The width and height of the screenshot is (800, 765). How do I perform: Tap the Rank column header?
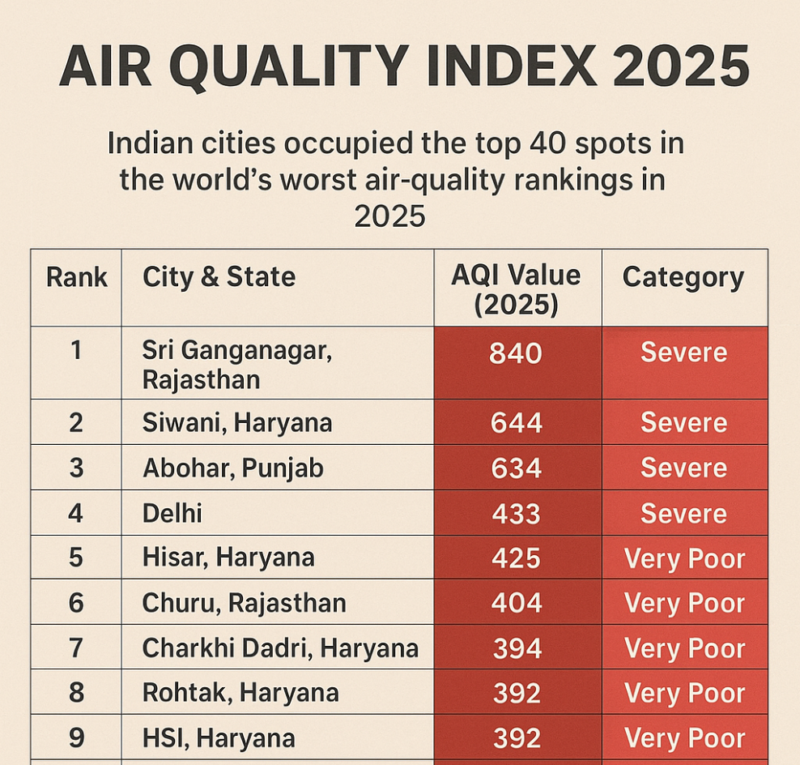click(77, 277)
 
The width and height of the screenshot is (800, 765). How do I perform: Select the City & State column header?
click(219, 277)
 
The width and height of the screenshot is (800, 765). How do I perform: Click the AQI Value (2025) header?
click(516, 288)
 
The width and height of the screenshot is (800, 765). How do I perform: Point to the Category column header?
click(683, 277)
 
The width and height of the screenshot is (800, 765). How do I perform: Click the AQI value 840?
click(516, 353)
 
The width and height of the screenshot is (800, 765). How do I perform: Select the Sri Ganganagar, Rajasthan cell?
click(237, 365)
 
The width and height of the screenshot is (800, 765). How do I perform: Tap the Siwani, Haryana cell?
click(237, 423)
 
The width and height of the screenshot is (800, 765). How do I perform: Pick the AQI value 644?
click(516, 423)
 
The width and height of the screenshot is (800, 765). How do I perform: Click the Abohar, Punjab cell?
click(233, 468)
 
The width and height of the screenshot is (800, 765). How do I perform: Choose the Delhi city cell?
click(172, 514)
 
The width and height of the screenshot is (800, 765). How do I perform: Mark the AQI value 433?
click(516, 514)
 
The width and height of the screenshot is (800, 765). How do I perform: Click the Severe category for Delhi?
click(683, 514)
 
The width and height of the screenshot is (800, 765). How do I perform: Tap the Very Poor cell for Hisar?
click(684, 559)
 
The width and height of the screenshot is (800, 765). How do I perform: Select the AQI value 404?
click(516, 604)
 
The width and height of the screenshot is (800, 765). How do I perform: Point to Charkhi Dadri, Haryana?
click(280, 648)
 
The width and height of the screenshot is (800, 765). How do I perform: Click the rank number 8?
click(76, 694)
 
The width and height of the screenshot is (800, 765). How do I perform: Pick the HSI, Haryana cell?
click(219, 738)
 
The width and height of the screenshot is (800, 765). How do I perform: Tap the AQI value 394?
click(516, 648)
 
